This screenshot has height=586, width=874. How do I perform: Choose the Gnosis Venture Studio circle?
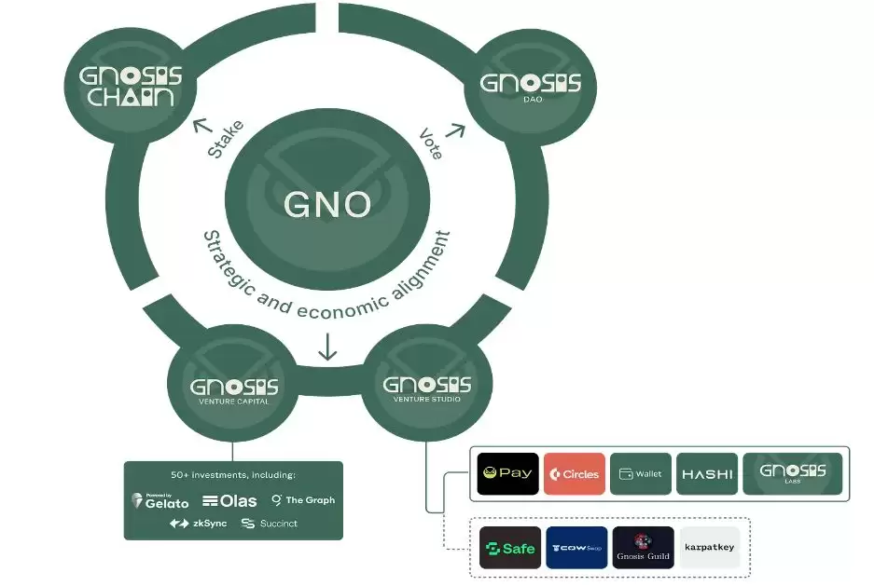[x=427, y=388]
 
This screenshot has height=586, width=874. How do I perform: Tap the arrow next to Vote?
[x=455, y=131]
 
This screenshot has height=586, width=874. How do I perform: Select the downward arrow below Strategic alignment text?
[x=327, y=347]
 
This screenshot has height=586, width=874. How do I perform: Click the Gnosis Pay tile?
[x=507, y=473]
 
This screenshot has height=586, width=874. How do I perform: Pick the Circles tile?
[x=575, y=474]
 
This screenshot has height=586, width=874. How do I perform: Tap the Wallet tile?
[x=641, y=474]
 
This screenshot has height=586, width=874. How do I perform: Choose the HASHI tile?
[x=707, y=474]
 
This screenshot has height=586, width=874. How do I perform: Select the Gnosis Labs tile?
[x=792, y=473]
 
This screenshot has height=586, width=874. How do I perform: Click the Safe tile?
[x=509, y=548]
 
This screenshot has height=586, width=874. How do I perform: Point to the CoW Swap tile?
[x=576, y=548]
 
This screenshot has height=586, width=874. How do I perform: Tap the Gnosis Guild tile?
[x=643, y=548]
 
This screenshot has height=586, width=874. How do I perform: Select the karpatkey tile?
[x=709, y=548]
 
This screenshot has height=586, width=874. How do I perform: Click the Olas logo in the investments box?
[x=229, y=501]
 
